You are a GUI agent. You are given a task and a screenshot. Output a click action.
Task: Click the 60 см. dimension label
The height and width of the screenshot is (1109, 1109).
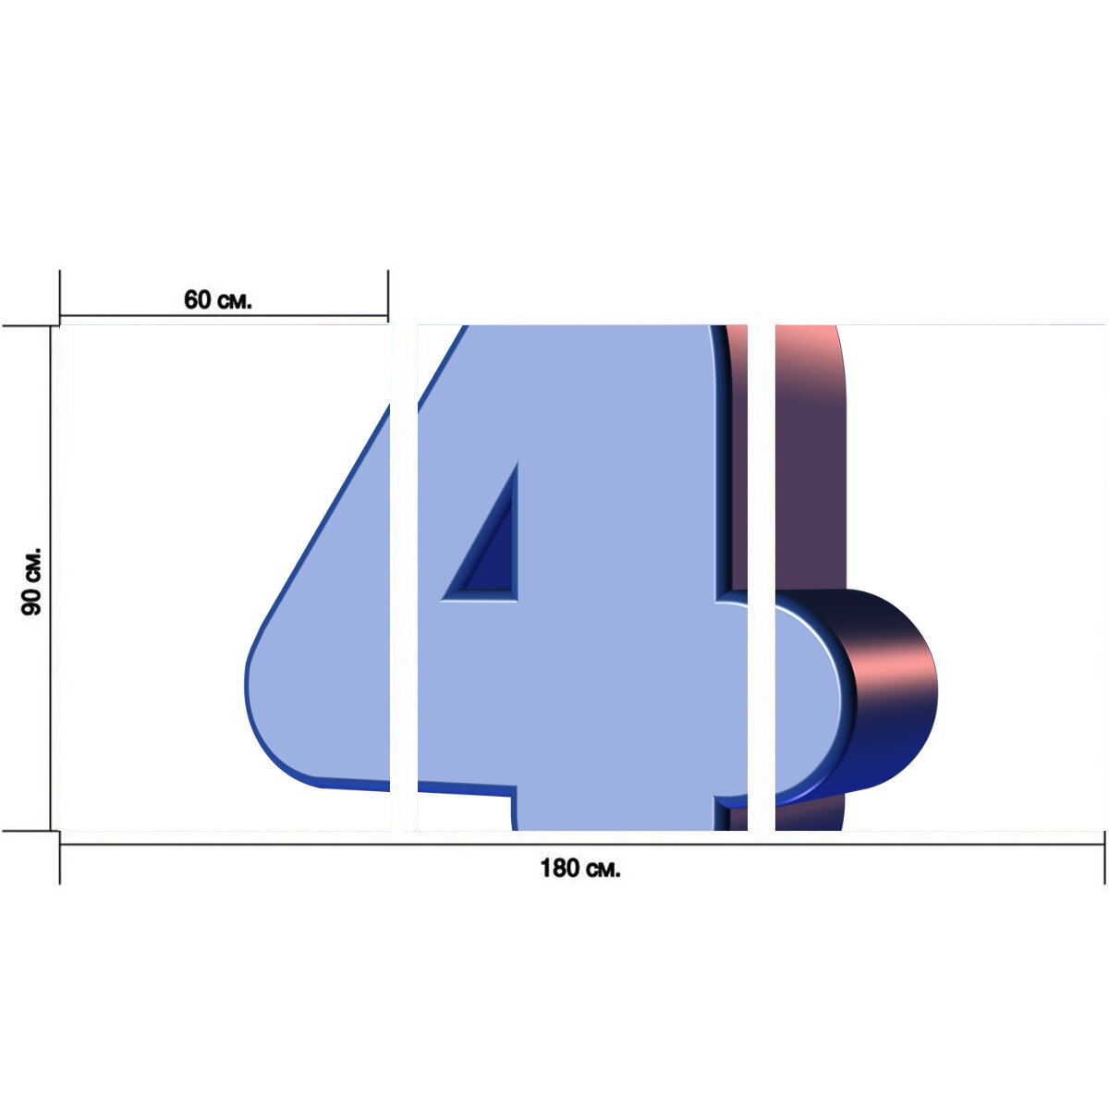pos(217,299)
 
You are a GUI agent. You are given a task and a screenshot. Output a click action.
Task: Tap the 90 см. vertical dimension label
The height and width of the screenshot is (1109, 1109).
pos(31,581)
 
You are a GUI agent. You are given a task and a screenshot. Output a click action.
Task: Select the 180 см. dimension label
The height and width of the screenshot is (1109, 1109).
pos(580,868)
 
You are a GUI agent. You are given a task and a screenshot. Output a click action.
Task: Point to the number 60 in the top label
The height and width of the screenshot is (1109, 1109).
pos(198,299)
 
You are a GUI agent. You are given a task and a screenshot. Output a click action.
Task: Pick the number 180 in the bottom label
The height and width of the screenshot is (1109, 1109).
pos(559,868)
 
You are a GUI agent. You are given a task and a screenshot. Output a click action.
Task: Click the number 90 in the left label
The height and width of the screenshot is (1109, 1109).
pos(31,601)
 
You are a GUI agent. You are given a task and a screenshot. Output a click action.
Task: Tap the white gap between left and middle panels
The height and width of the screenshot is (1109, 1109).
pos(404,578)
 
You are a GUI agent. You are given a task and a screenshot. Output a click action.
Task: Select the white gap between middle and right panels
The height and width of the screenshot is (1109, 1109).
pos(762,578)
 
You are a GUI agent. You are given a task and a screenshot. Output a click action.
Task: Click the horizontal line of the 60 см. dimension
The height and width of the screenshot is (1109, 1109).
pos(224,315)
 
